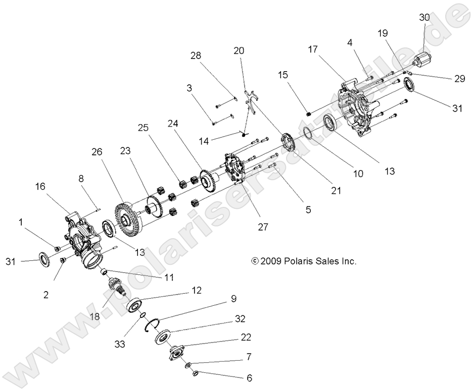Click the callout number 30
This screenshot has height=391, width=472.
coord(424,17)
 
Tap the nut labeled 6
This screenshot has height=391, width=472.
coord(196,373)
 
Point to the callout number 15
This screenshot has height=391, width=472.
coord(282,75)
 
